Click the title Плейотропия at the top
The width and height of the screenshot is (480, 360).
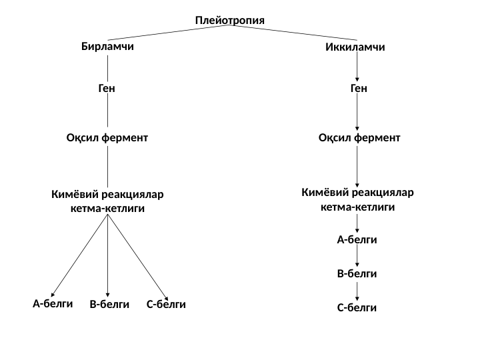230,20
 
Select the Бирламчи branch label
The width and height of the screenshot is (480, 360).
107,47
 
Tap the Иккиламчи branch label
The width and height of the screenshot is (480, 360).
355,48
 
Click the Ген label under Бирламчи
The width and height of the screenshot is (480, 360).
107,87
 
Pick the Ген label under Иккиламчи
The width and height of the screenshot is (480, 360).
359,87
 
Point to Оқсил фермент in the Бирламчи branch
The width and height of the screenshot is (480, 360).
107,138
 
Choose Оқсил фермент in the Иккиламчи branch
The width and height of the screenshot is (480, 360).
359,138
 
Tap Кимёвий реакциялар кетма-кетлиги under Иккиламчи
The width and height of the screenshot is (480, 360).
358,199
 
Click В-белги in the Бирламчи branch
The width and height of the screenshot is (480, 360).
109,305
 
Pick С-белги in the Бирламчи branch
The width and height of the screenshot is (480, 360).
166,305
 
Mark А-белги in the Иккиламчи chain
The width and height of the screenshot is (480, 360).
357,239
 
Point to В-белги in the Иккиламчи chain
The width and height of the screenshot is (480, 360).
357,273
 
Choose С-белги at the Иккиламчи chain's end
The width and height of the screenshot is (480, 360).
357,308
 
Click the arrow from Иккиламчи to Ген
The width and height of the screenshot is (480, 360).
358,67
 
